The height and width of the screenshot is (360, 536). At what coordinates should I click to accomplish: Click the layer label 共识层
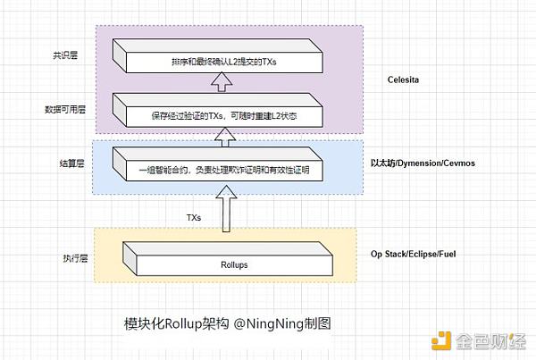(65, 55)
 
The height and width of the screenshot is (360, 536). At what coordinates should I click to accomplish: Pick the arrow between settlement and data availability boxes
(224, 135)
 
